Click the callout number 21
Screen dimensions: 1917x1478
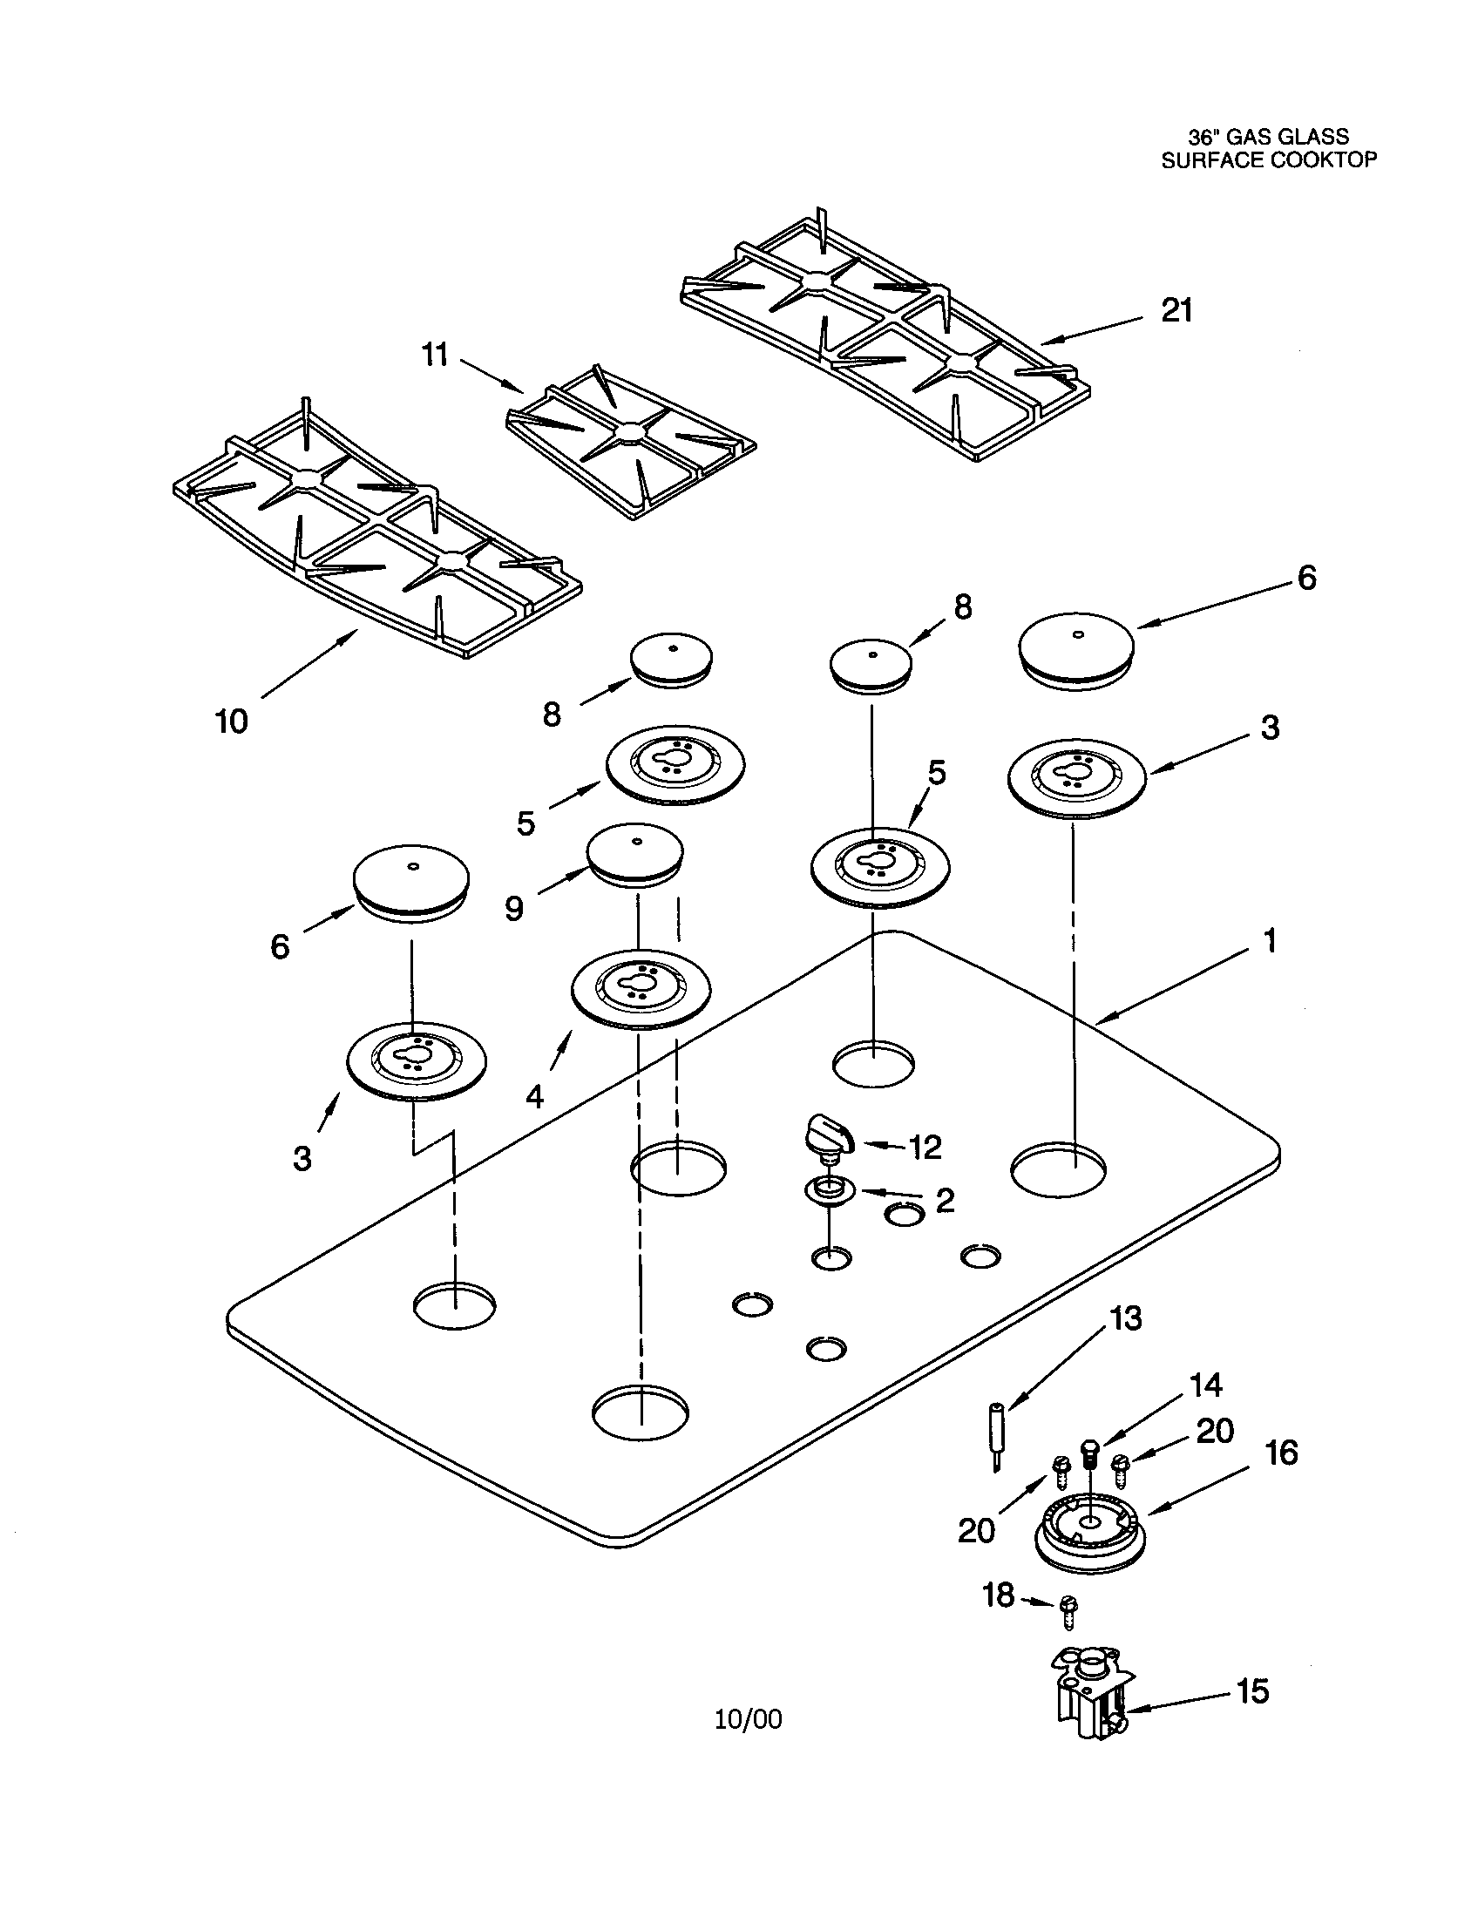pos(1177,311)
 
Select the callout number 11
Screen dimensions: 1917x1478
pos(436,356)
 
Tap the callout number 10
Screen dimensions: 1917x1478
pos(232,721)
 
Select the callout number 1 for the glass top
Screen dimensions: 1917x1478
pos(1269,941)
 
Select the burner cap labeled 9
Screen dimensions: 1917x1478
pos(635,853)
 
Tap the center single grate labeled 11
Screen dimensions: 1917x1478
pos(630,444)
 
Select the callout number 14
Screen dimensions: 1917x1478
pos(1205,1385)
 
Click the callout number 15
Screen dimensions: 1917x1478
pos(1252,1690)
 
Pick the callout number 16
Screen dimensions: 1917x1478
pos(1281,1453)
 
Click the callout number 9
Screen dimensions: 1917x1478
pos(514,909)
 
